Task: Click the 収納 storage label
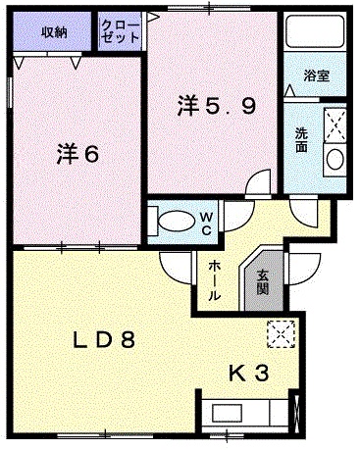[x=54, y=31]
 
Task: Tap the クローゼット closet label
[x=121, y=31]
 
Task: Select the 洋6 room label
[x=77, y=154]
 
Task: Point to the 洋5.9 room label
[x=217, y=106]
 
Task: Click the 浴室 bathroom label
[x=316, y=75]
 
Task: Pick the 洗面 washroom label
[x=301, y=139]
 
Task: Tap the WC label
[x=206, y=224]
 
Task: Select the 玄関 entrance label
[x=262, y=282]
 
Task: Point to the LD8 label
[x=104, y=340]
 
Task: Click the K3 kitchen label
[x=249, y=374]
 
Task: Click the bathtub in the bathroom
[x=315, y=30]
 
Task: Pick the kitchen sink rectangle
[x=228, y=413]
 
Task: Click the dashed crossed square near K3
[x=282, y=334]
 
